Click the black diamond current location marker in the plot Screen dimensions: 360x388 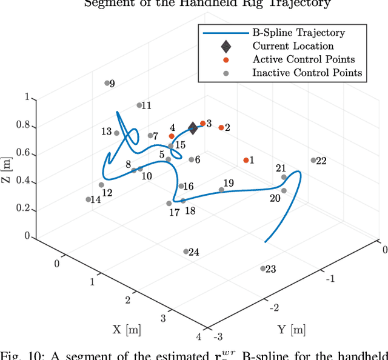tap(193, 128)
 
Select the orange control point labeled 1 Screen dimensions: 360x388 tap(246, 160)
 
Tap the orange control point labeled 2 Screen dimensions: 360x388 tap(221, 127)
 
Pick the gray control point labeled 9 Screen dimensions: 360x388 tap(107, 83)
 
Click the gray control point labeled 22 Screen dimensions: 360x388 tap(313, 161)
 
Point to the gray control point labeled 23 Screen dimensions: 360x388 tap(263, 268)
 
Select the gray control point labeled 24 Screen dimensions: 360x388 tap(186, 252)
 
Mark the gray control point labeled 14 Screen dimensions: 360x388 tap(89, 199)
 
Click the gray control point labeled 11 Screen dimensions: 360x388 tap(139, 105)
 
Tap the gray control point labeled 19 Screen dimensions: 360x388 tap(221, 190)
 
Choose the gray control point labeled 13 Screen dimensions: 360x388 tap(116, 133)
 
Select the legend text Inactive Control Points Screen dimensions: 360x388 tap(307, 73)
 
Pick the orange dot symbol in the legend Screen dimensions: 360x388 tap(225, 59)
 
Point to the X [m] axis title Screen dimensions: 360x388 tap(127, 330)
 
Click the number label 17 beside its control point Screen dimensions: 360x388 tap(174, 213)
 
